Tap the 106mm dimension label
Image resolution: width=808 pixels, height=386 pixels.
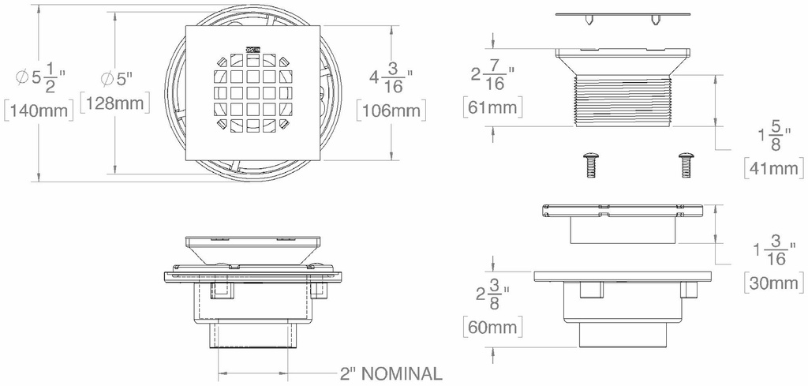[391, 110]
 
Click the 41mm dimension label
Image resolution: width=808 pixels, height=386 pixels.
[774, 168]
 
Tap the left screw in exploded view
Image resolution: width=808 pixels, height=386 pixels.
[589, 165]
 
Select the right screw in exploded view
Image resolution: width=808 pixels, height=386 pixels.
[686, 165]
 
